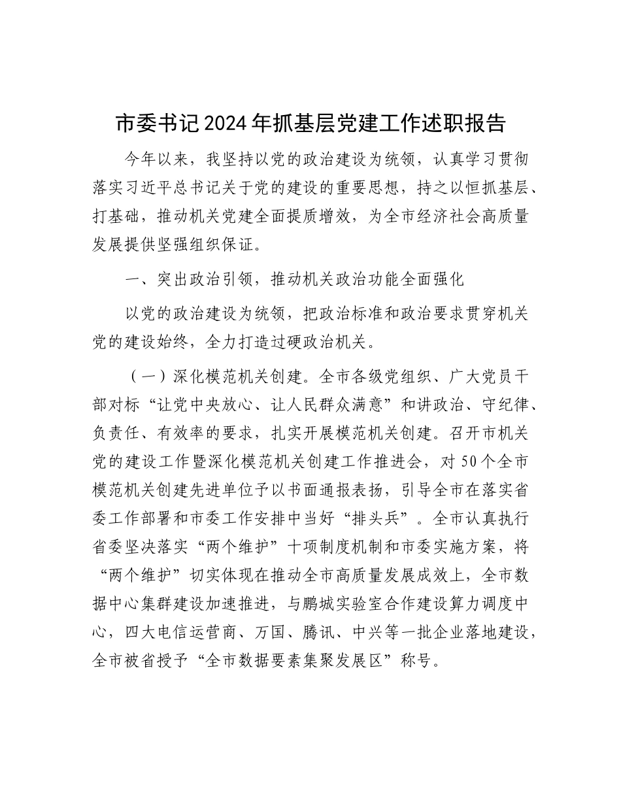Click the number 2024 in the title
pyautogui.click(x=241, y=123)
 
